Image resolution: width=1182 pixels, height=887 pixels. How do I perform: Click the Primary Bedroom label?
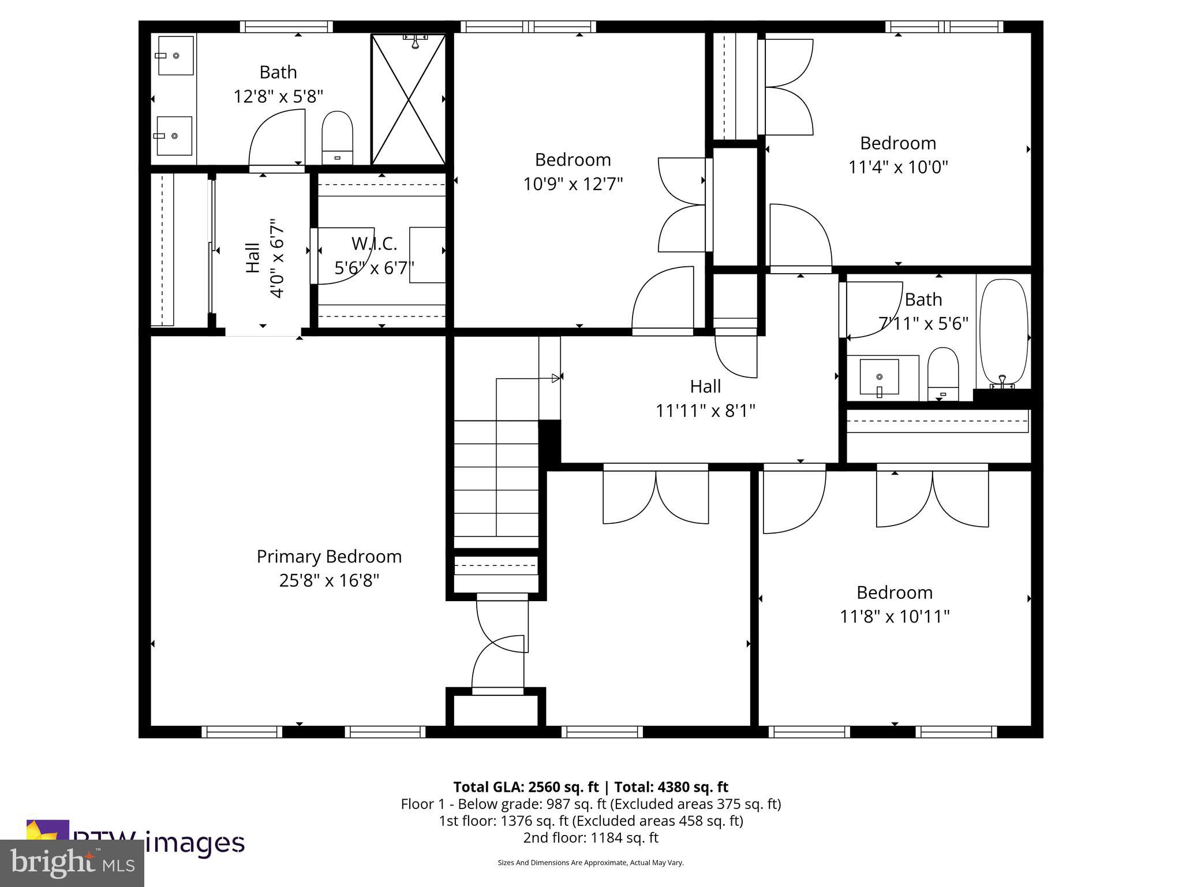pyautogui.click(x=329, y=557)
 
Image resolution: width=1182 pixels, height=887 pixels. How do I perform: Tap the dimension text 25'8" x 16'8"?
pyautogui.click(x=329, y=580)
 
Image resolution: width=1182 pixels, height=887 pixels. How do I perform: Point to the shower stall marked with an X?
pyautogui.click(x=409, y=99)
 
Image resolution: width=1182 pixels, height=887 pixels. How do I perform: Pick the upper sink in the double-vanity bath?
pyautogui.click(x=175, y=55)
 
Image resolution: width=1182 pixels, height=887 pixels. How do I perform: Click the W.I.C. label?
pyautogui.click(x=374, y=244)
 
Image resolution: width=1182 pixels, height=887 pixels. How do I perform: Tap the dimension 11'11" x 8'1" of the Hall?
pyautogui.click(x=705, y=411)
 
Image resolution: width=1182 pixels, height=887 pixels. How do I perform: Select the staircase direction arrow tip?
pyautogui.click(x=556, y=378)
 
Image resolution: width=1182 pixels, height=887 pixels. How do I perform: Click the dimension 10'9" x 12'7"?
pyautogui.click(x=573, y=184)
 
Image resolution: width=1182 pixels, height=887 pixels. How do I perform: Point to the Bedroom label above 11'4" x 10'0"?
pyautogui.click(x=898, y=143)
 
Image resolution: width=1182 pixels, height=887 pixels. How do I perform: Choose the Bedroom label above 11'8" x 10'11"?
pyautogui.click(x=894, y=592)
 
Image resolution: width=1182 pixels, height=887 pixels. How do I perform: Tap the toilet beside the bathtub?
pyautogui.click(x=942, y=373)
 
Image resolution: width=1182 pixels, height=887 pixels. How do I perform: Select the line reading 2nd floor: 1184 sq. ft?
pyautogui.click(x=590, y=837)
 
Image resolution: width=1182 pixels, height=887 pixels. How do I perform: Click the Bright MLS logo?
pyautogui.click(x=72, y=863)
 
